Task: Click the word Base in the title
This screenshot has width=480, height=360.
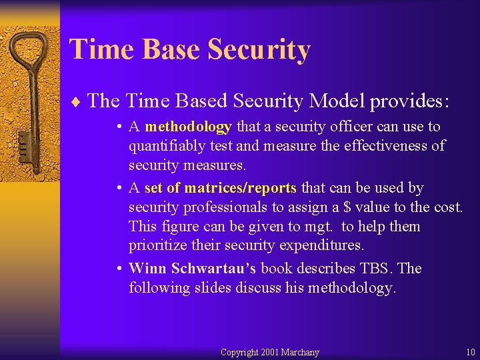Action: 166,50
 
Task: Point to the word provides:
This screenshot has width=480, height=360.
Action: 410,101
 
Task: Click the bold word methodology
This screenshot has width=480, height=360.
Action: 188,127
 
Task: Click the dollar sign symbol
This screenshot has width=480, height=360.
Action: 347,207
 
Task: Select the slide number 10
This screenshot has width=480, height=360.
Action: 471,352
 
